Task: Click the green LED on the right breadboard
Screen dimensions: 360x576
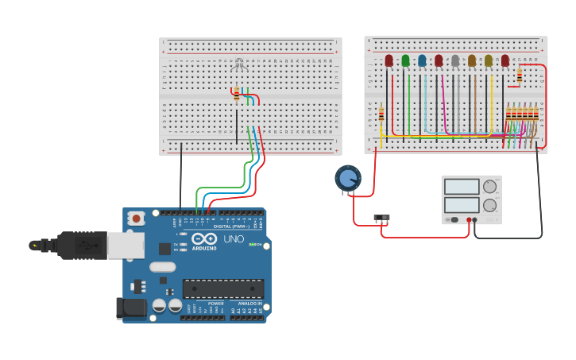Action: tap(405, 60)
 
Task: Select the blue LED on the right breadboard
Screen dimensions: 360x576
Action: tap(422, 60)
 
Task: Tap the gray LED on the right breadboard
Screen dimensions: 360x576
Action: tap(455, 60)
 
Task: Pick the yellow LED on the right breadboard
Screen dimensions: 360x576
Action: tap(489, 60)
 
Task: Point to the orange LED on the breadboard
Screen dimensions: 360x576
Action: tap(472, 60)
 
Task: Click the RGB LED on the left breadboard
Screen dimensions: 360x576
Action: tap(241, 66)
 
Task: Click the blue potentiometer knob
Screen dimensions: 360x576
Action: tap(347, 177)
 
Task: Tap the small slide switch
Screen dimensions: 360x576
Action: tap(382, 218)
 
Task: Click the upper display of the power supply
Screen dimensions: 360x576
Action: tap(461, 188)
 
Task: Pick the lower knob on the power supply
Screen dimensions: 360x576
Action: tap(489, 205)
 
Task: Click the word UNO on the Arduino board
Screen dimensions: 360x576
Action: tap(234, 239)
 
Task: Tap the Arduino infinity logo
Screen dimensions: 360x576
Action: tap(204, 239)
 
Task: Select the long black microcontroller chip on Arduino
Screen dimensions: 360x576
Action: tap(223, 288)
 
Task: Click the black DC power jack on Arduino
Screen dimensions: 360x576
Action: tap(131, 308)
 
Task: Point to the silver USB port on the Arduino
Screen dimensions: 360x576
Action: tap(126, 246)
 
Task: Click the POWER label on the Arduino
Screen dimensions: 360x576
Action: tap(215, 304)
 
